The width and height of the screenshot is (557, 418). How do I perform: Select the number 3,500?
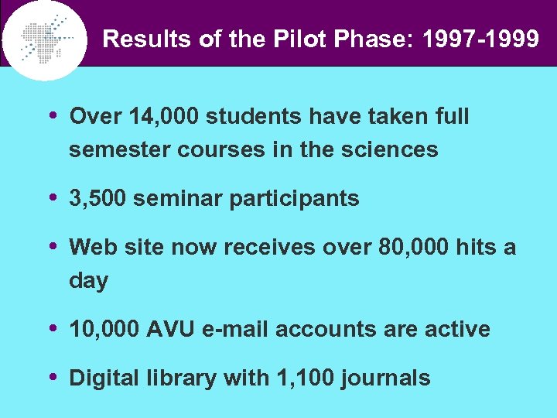click(97, 199)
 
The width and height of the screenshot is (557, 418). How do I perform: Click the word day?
click(88, 281)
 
